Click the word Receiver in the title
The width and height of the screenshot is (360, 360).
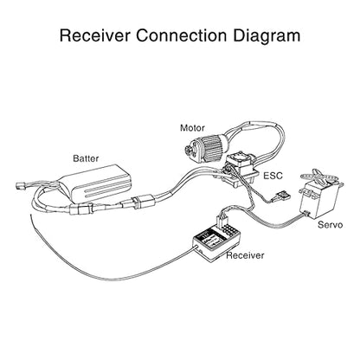point(95,35)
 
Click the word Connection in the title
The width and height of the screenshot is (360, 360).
point(182,35)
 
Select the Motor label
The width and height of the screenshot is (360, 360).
point(192,128)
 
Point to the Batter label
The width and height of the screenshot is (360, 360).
point(86,158)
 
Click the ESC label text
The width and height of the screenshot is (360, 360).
point(273,176)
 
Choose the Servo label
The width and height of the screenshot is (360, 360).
point(331,225)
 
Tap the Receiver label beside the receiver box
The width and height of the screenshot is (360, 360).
point(245,255)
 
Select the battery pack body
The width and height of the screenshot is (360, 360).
point(96,183)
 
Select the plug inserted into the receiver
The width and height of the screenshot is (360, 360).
point(222,221)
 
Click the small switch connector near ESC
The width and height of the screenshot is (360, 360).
point(283,198)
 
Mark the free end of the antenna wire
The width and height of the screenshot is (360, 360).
point(31,215)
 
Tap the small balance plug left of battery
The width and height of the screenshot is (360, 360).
point(20,185)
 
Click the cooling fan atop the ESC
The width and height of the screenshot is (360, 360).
point(241,158)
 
